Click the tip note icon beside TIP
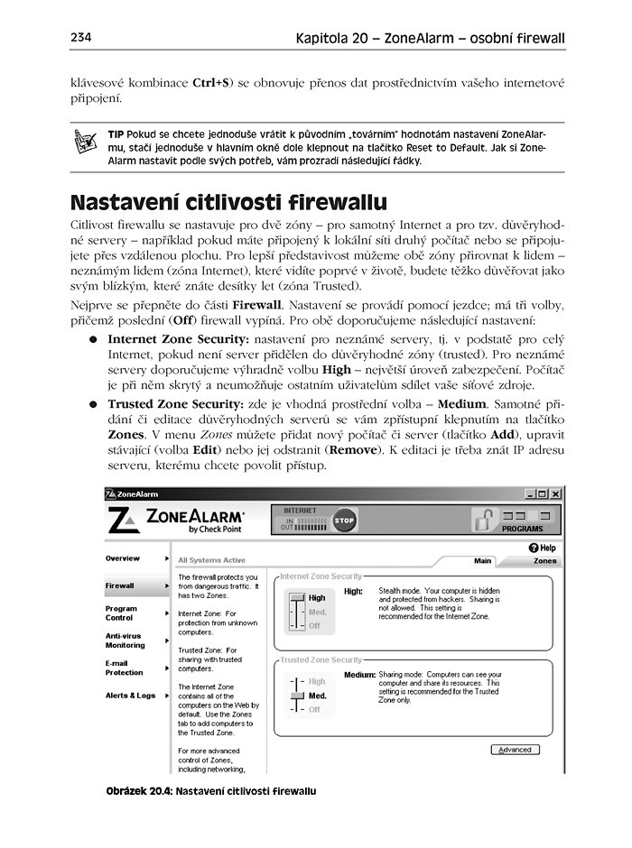click(86, 141)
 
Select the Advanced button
click(515, 750)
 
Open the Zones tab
click(544, 561)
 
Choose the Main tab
click(483, 561)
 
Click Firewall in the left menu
click(120, 585)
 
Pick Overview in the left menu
click(123, 558)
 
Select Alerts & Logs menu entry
click(130, 696)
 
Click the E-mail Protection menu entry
click(125, 668)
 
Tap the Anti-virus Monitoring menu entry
click(125, 641)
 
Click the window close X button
click(557, 493)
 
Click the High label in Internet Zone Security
click(317, 598)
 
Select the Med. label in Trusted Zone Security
click(317, 696)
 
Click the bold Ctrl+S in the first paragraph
click(209, 84)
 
